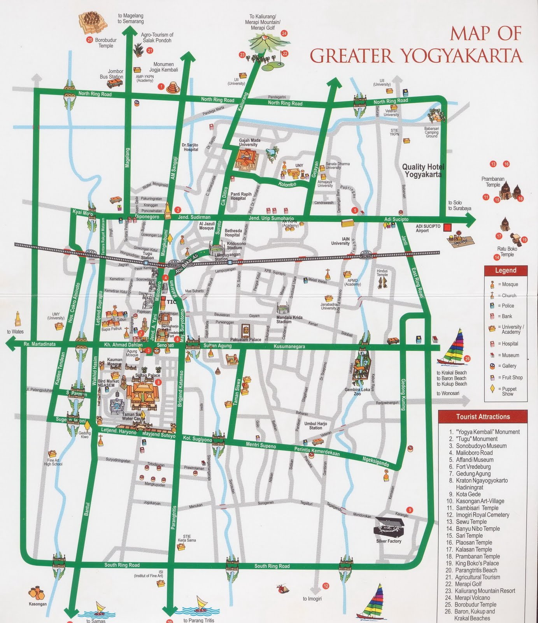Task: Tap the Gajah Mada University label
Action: tap(250, 142)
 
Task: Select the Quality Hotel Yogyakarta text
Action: tap(423, 171)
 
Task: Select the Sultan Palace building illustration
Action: tap(142, 394)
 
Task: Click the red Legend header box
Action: tap(505, 270)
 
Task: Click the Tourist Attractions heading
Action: tap(483, 417)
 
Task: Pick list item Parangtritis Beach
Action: tap(476, 570)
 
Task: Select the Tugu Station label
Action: tap(147, 255)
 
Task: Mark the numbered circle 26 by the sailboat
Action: tap(467, 359)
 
